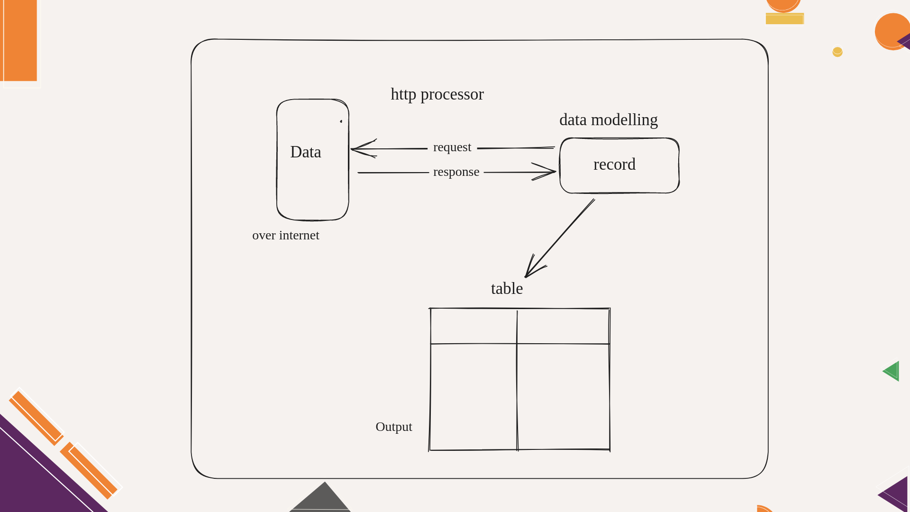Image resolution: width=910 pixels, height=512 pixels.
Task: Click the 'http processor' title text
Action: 437,94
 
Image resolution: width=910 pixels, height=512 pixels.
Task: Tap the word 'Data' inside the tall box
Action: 306,152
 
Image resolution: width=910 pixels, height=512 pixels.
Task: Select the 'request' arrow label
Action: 452,147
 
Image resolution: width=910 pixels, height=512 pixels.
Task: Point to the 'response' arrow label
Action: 456,172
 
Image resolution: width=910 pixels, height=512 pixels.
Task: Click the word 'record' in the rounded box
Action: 614,165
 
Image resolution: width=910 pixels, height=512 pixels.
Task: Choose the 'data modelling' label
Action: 609,120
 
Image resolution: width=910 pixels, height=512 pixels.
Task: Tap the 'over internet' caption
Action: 286,235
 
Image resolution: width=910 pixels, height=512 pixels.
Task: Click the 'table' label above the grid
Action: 507,288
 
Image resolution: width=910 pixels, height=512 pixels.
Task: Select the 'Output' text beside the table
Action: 394,427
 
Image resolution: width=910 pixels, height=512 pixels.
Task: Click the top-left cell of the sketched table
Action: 473,326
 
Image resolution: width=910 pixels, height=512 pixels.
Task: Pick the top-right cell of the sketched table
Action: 563,326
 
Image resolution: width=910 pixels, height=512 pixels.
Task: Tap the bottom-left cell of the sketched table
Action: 473,397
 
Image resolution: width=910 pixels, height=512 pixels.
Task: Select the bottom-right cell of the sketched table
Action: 563,397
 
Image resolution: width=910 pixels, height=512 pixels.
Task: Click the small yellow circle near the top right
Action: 837,52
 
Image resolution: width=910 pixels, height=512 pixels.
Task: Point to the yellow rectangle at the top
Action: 785,18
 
